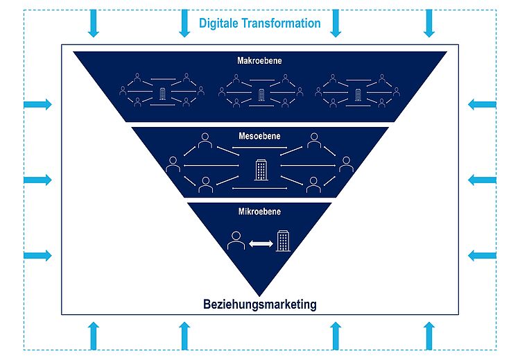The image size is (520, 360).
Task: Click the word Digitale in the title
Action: (x=219, y=23)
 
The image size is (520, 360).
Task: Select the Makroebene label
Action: (x=259, y=61)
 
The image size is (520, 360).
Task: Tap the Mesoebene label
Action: (x=260, y=135)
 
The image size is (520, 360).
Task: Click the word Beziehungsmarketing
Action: (x=260, y=304)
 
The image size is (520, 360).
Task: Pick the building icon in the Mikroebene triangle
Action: (x=283, y=241)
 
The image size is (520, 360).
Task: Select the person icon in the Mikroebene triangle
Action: (x=236, y=241)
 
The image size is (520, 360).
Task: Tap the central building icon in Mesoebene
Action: (x=261, y=169)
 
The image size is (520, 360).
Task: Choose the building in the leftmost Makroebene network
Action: (x=163, y=94)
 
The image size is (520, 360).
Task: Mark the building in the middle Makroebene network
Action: (x=261, y=94)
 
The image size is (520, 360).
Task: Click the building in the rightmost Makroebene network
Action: (x=358, y=94)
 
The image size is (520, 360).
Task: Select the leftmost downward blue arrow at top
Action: (x=94, y=24)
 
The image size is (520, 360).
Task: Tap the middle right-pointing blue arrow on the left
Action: (x=38, y=180)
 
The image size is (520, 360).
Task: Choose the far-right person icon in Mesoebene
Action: (x=346, y=164)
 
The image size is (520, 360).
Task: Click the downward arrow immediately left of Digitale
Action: (x=184, y=24)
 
